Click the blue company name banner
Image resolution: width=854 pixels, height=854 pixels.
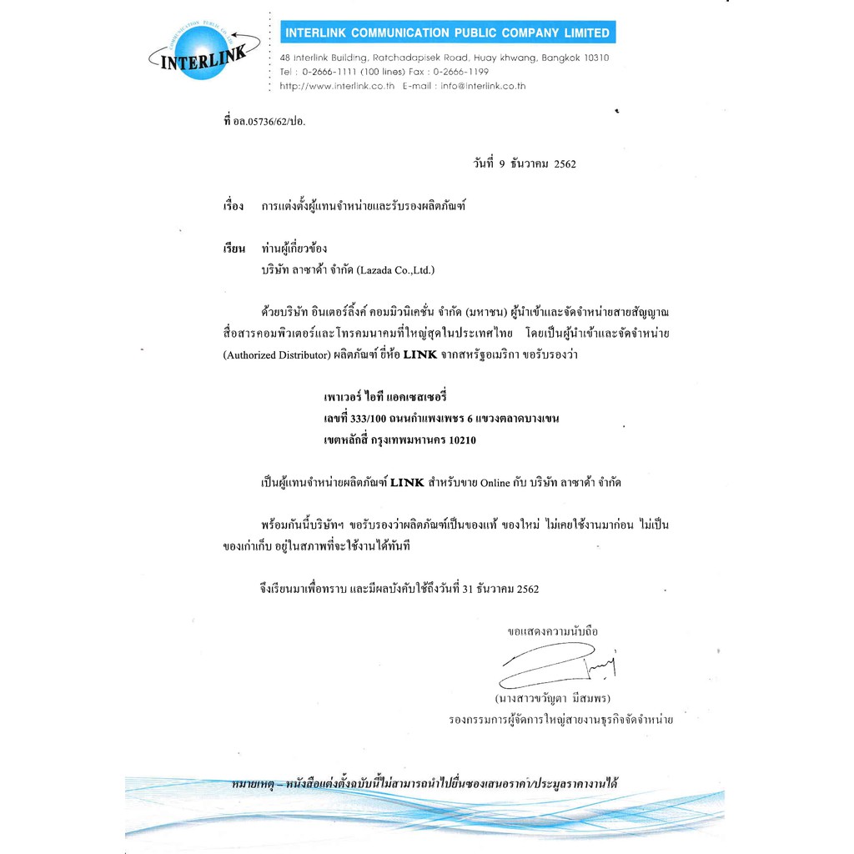coord(447,33)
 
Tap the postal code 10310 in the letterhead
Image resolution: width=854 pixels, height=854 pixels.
coord(593,58)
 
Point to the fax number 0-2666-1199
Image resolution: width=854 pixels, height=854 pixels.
coord(460,72)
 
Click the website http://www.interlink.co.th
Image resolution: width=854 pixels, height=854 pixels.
coord(337,86)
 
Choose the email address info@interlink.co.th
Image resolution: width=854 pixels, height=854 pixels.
coord(484,86)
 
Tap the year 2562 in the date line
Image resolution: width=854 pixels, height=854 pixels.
coord(564,164)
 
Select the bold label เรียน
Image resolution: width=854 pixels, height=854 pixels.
coord(234,249)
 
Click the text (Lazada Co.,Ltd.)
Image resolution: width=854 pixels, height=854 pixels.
coord(395,270)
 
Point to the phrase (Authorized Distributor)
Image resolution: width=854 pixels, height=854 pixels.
coord(272,354)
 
